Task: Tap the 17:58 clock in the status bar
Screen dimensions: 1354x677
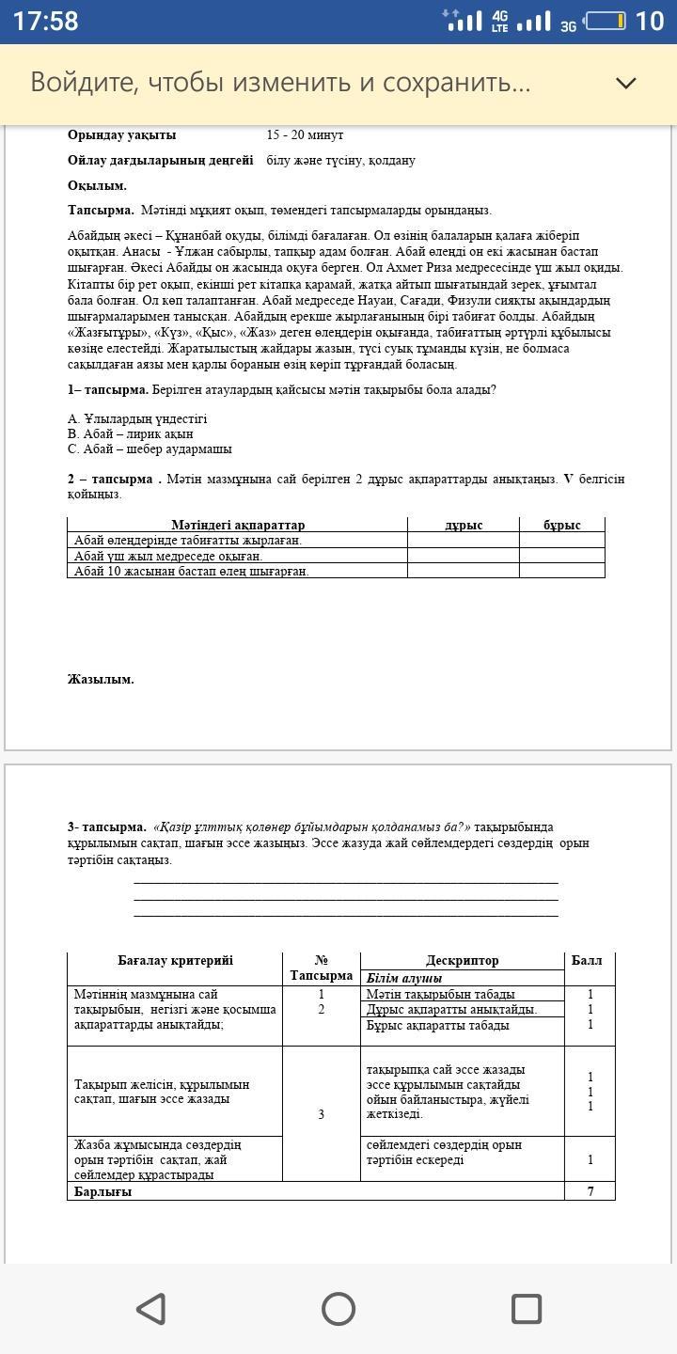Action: (x=45, y=21)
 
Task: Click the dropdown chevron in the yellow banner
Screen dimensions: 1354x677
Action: (x=625, y=83)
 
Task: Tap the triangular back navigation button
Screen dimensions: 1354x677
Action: (x=151, y=1308)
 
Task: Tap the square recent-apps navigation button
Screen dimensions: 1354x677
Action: (x=526, y=1308)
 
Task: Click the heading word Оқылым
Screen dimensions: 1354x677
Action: (x=97, y=185)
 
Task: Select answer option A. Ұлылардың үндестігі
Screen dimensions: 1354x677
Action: (x=137, y=418)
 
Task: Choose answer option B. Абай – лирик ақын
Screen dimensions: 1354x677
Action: (x=131, y=433)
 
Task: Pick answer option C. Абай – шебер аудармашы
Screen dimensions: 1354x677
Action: (x=150, y=449)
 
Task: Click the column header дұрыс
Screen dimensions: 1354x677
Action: (x=463, y=525)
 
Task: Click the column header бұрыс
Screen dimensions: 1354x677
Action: (x=562, y=525)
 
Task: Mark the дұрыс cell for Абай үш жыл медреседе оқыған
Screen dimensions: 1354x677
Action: (x=463, y=556)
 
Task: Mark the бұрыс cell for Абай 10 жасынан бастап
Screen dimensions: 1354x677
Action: (x=562, y=571)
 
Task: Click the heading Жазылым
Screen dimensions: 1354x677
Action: (x=101, y=679)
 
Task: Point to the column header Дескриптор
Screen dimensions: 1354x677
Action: (x=462, y=960)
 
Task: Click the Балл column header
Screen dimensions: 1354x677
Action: (x=587, y=960)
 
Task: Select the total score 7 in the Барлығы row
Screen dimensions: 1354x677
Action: (x=590, y=1191)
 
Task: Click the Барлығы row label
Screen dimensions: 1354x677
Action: (x=103, y=1191)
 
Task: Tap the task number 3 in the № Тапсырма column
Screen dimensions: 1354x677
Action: (x=321, y=1114)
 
